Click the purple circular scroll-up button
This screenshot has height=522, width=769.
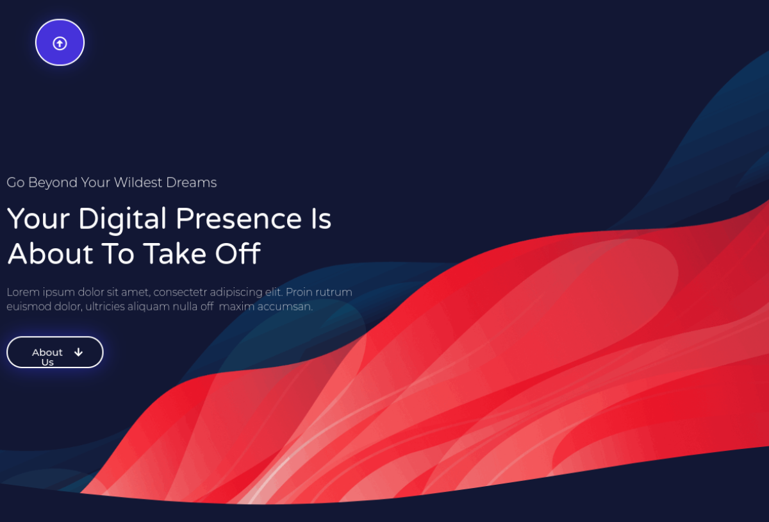point(60,42)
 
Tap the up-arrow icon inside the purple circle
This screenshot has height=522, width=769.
point(60,44)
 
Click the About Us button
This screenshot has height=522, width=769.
point(55,352)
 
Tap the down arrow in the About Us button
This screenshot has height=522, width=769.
point(79,352)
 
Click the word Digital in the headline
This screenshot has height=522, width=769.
point(122,219)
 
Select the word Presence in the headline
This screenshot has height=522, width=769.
point(239,219)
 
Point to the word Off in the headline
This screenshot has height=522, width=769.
point(238,253)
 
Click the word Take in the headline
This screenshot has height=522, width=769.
point(175,253)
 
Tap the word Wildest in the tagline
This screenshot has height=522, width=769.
point(138,183)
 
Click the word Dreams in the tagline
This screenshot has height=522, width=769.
point(192,183)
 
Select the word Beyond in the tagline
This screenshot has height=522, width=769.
point(53,183)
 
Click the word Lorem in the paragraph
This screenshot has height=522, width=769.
point(23,292)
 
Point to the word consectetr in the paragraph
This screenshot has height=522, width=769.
point(180,292)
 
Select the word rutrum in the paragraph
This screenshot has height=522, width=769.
point(334,292)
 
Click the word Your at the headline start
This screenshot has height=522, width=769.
point(38,219)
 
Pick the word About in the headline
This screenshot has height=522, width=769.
point(51,253)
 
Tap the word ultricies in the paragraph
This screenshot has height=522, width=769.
point(105,307)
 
